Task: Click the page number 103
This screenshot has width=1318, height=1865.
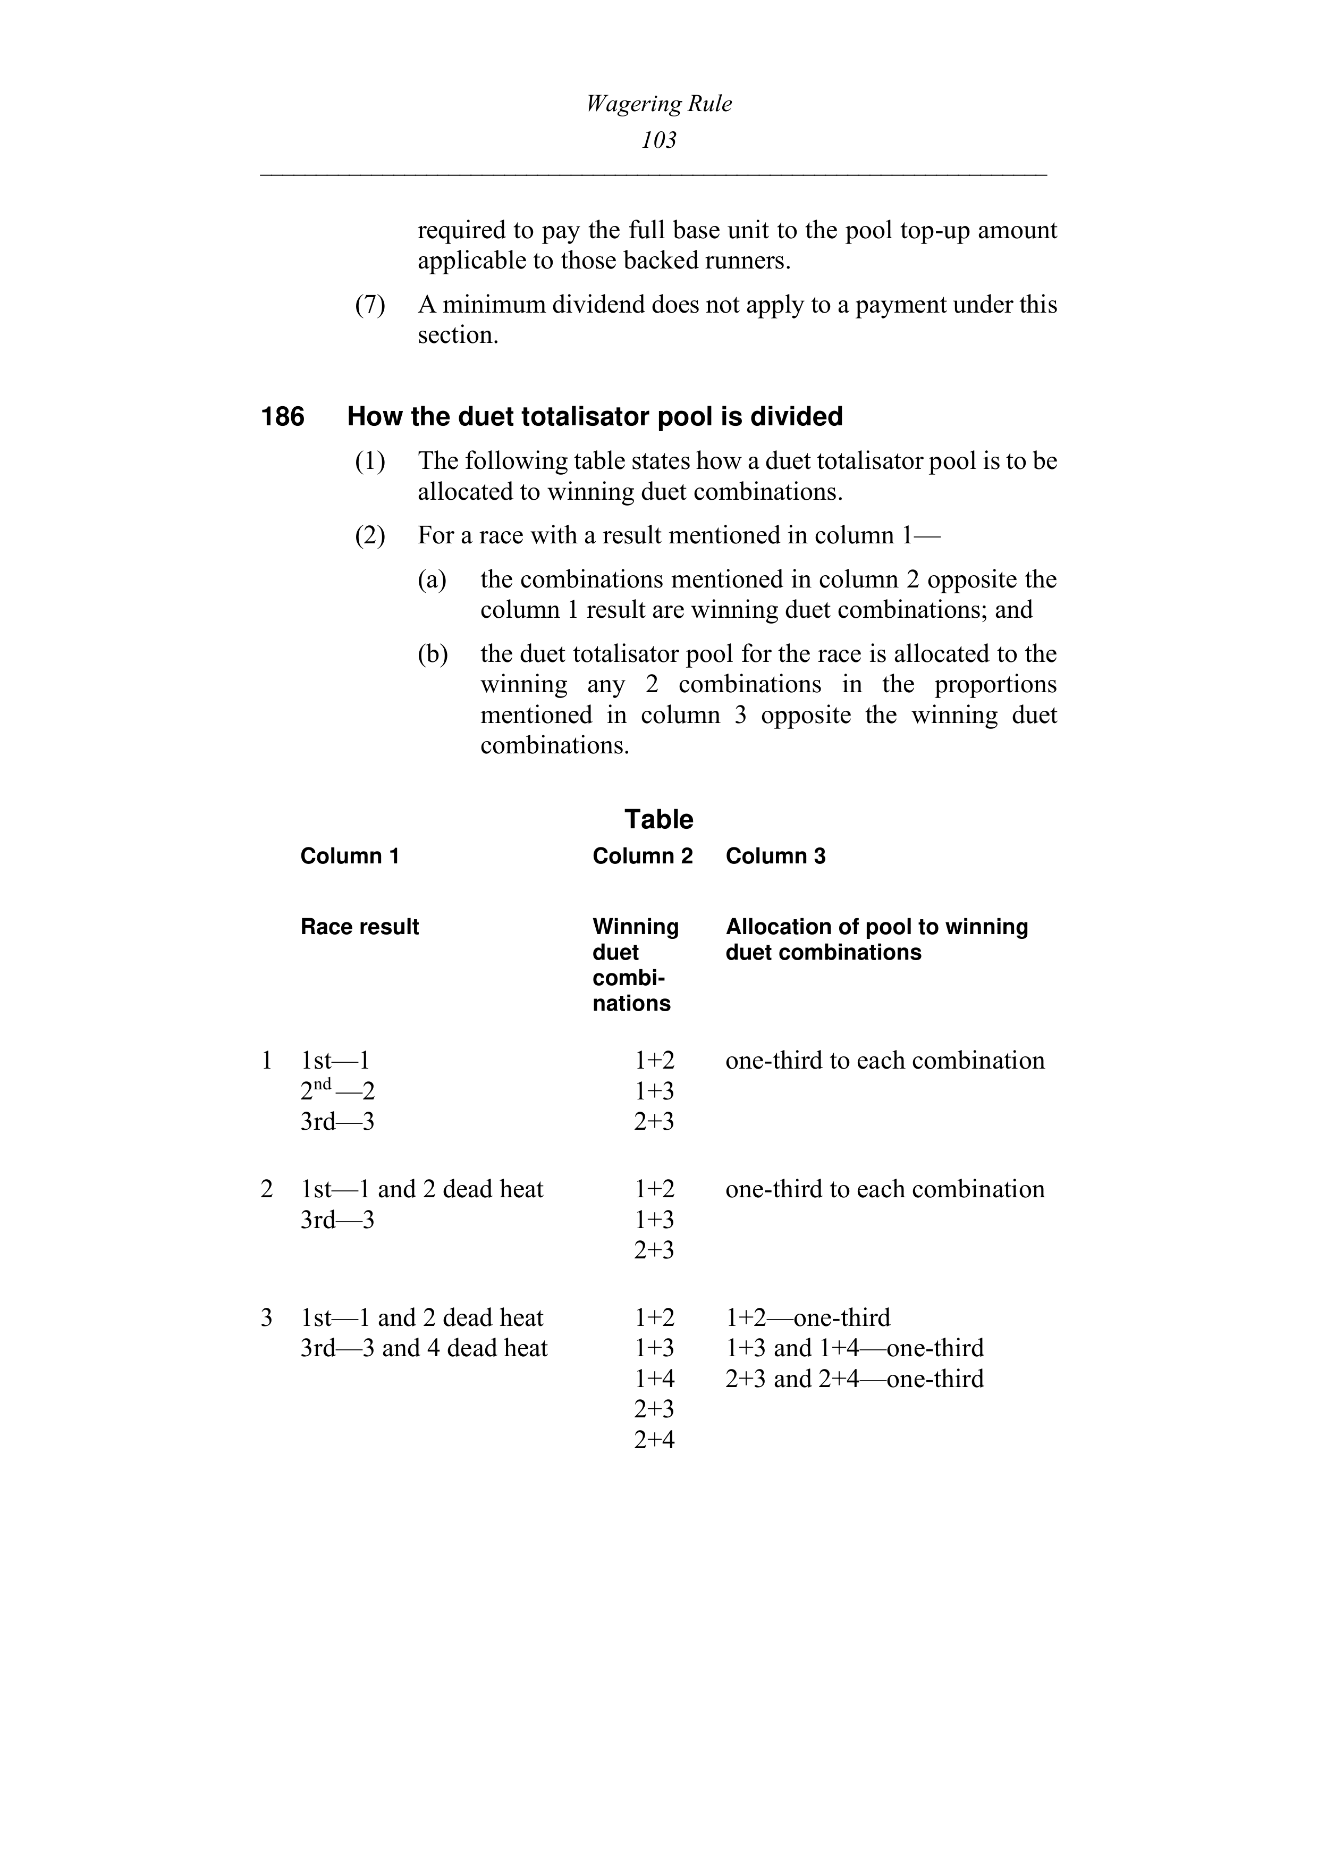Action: point(658,140)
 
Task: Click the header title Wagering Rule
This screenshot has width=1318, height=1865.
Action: point(658,104)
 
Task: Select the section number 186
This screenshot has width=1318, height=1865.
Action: point(283,417)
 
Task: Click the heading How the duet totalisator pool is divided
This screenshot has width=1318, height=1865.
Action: point(595,417)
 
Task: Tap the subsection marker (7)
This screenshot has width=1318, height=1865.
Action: point(370,305)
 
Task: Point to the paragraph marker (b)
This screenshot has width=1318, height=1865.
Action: point(432,654)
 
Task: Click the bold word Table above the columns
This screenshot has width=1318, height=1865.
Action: point(658,819)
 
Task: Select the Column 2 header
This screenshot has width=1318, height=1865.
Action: point(643,856)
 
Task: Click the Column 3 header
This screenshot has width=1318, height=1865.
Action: point(775,856)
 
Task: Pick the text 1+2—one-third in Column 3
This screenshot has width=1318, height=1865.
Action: point(807,1317)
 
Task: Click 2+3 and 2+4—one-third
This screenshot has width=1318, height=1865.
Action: point(854,1379)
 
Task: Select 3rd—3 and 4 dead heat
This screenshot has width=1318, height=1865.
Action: point(424,1348)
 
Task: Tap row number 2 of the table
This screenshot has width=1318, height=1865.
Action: point(266,1189)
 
